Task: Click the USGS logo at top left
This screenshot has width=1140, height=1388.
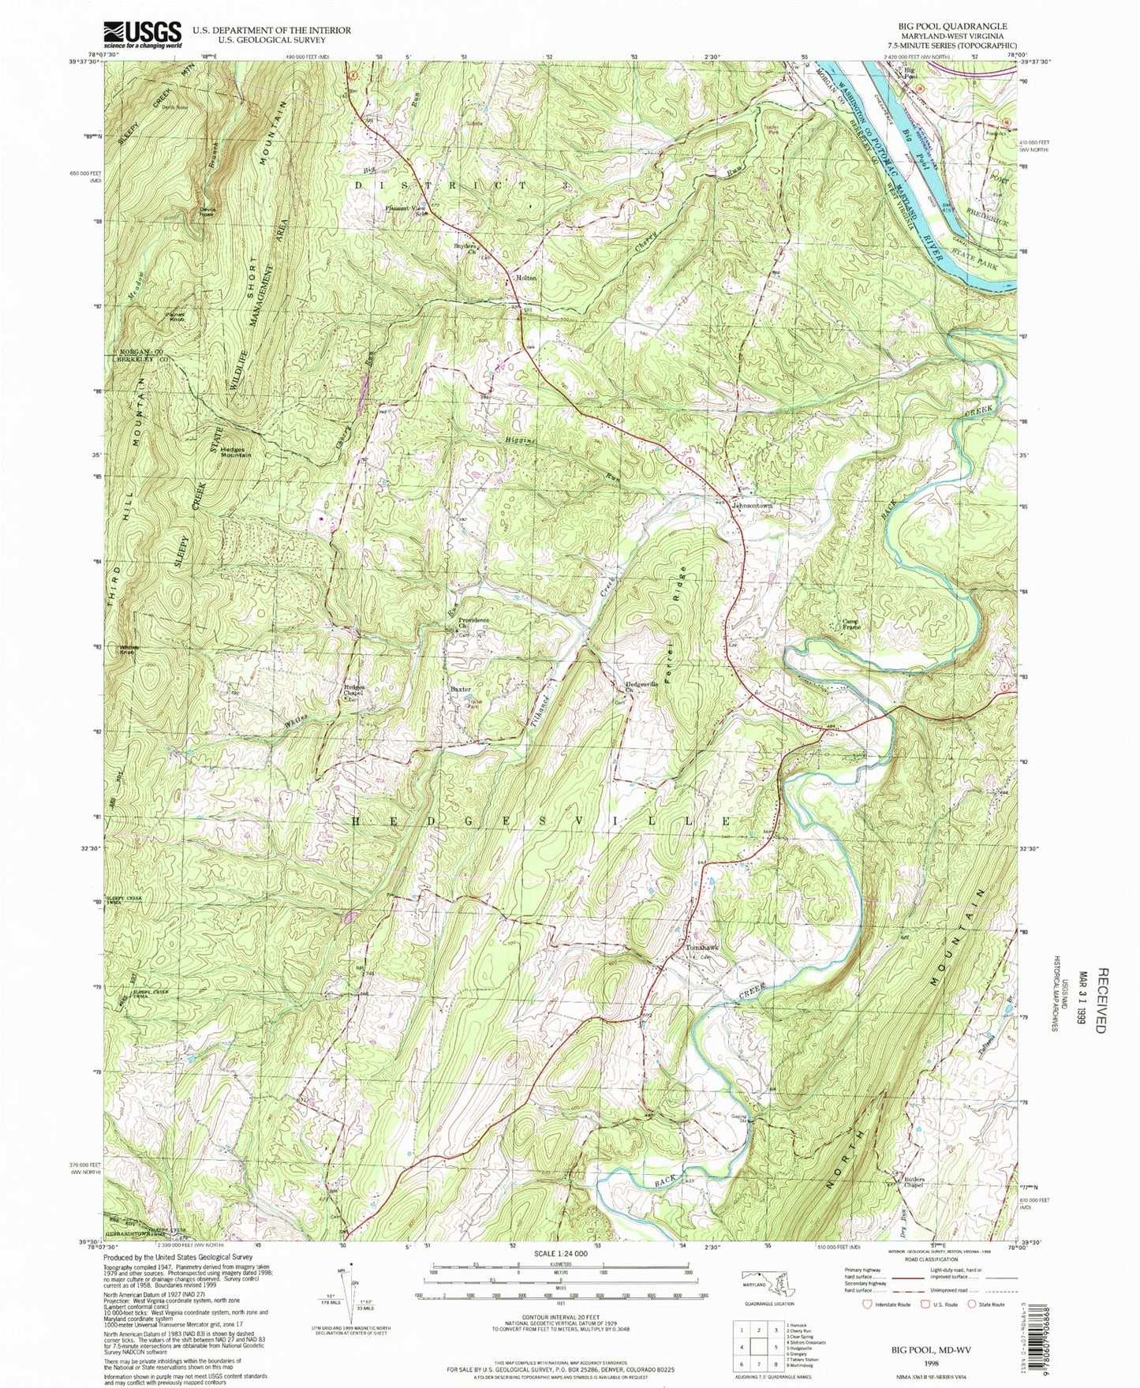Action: tap(142, 36)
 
